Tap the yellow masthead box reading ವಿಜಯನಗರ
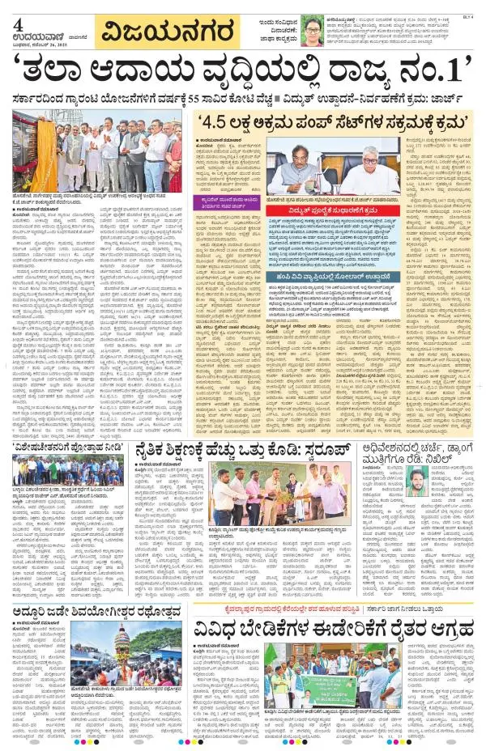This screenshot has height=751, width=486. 167,33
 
